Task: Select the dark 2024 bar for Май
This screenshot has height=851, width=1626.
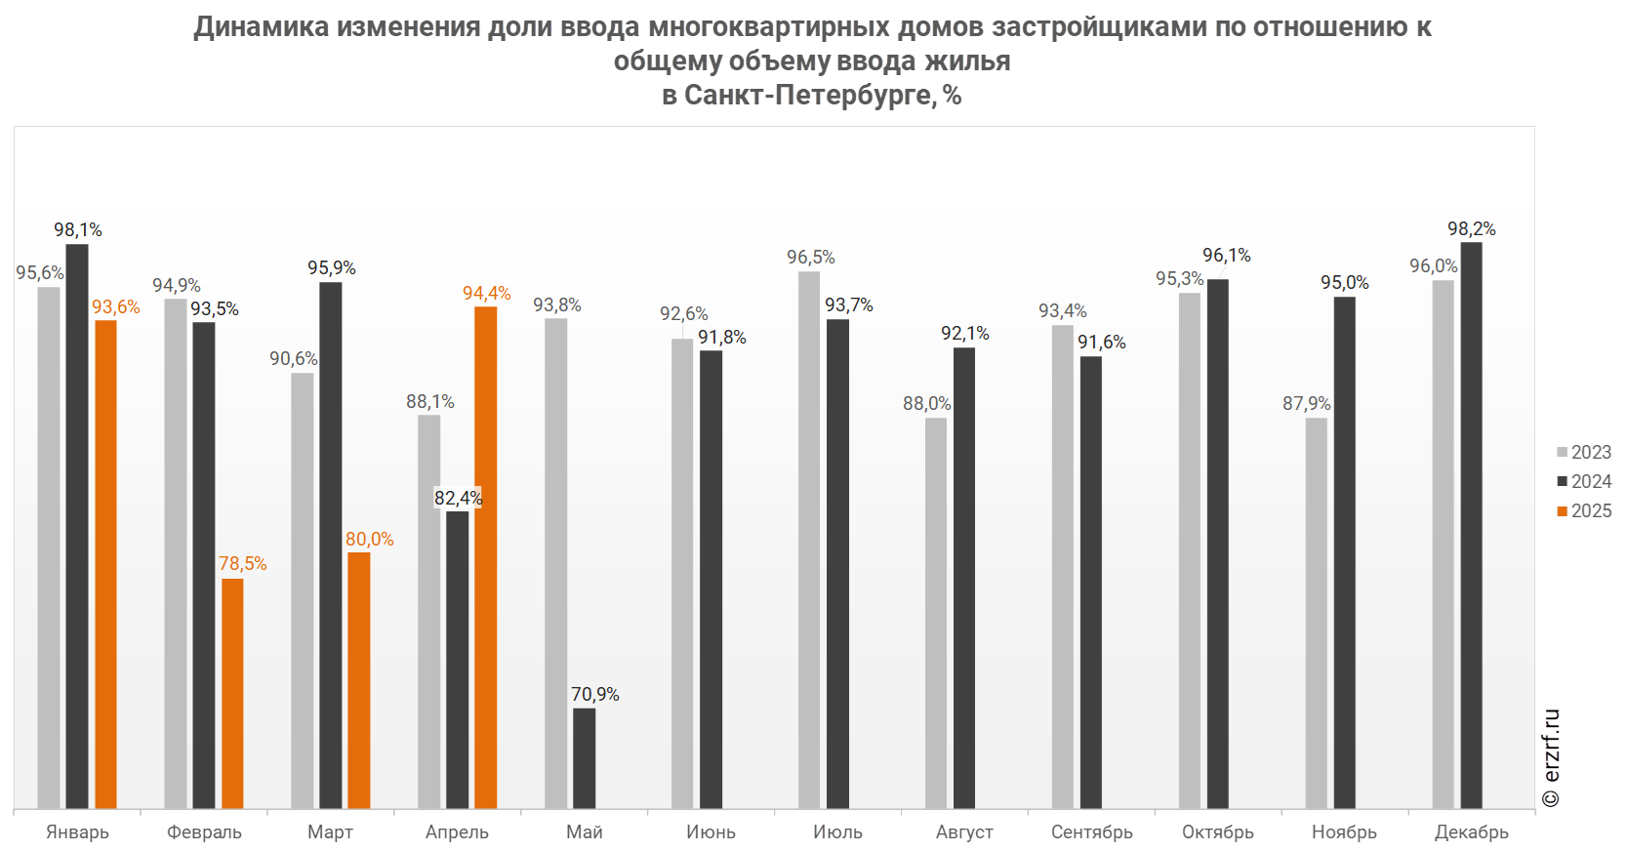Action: click(584, 758)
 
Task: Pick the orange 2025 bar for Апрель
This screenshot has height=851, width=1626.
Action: click(485, 557)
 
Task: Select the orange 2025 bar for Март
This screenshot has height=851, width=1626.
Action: click(358, 680)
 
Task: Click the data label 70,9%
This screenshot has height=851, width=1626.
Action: click(595, 694)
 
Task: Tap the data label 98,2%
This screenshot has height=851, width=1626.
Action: click(1472, 228)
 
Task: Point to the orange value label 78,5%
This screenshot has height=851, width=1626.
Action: click(242, 563)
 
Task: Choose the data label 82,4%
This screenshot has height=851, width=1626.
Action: click(458, 498)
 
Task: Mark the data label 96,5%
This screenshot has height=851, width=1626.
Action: click(811, 257)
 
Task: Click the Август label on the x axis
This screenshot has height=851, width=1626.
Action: click(964, 831)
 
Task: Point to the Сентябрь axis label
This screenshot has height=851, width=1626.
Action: click(1092, 831)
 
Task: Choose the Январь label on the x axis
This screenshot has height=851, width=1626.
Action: click(78, 831)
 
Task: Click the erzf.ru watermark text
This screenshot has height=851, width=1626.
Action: click(1552, 757)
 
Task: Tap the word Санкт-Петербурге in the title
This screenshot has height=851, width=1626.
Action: click(808, 95)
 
